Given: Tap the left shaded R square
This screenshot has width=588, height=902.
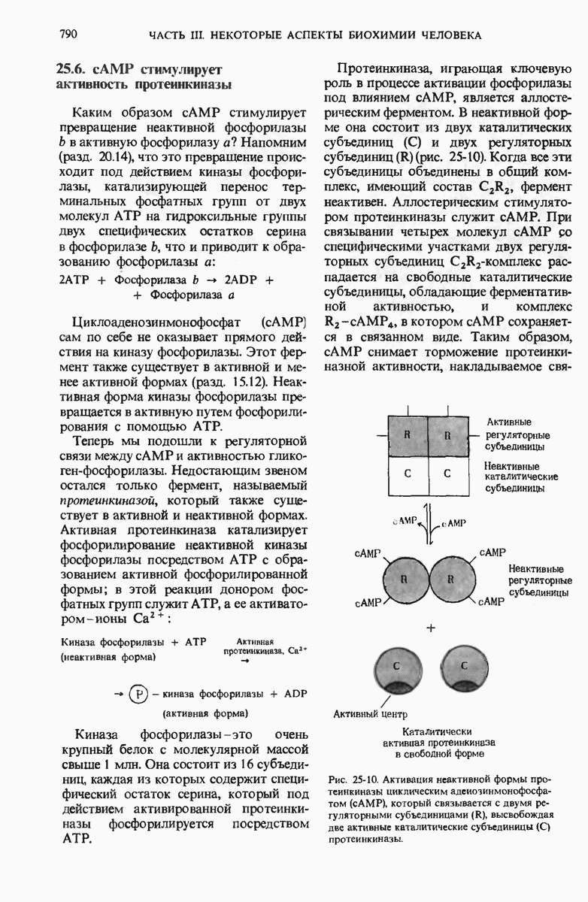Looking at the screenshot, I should [x=407, y=435].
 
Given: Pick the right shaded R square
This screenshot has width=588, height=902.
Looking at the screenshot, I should [x=447, y=435].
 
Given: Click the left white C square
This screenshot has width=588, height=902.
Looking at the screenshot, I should [x=407, y=474].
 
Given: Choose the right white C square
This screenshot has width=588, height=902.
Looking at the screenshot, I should [x=447, y=474].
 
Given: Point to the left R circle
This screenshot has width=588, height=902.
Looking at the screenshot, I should [x=405, y=579].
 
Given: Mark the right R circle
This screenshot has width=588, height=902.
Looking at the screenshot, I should [x=451, y=579].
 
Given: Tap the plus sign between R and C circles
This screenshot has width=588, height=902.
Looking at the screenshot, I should [x=431, y=627].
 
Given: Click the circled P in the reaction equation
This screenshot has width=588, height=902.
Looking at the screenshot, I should [x=138, y=693].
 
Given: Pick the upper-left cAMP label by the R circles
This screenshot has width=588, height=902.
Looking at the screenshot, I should [x=366, y=553].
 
